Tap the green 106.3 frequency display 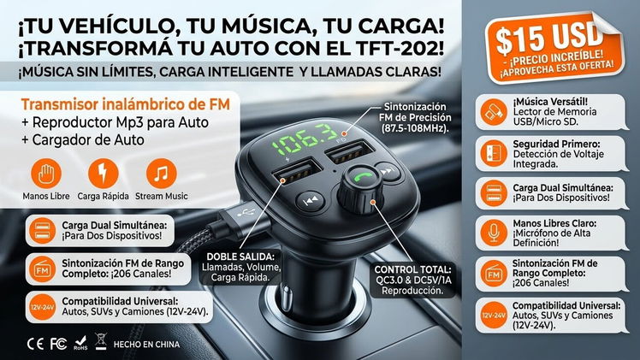pyautogui.click(x=304, y=140)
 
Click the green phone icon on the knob pyautogui.click(x=363, y=176)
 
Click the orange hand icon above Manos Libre pyautogui.click(x=46, y=174)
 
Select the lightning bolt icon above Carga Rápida pyautogui.click(x=103, y=174)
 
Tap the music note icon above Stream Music pyautogui.click(x=161, y=174)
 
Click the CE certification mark pyautogui.click(x=35, y=344)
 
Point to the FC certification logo pyautogui.click(x=58, y=344)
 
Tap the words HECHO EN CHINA pyautogui.click(x=146, y=345)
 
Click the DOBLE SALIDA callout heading pyautogui.click(x=240, y=257)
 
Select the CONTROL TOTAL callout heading pyautogui.click(x=412, y=269)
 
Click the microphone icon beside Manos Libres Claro pyautogui.click(x=494, y=233)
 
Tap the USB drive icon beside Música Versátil pyautogui.click(x=494, y=112)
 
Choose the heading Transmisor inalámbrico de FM pyautogui.click(x=126, y=104)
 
